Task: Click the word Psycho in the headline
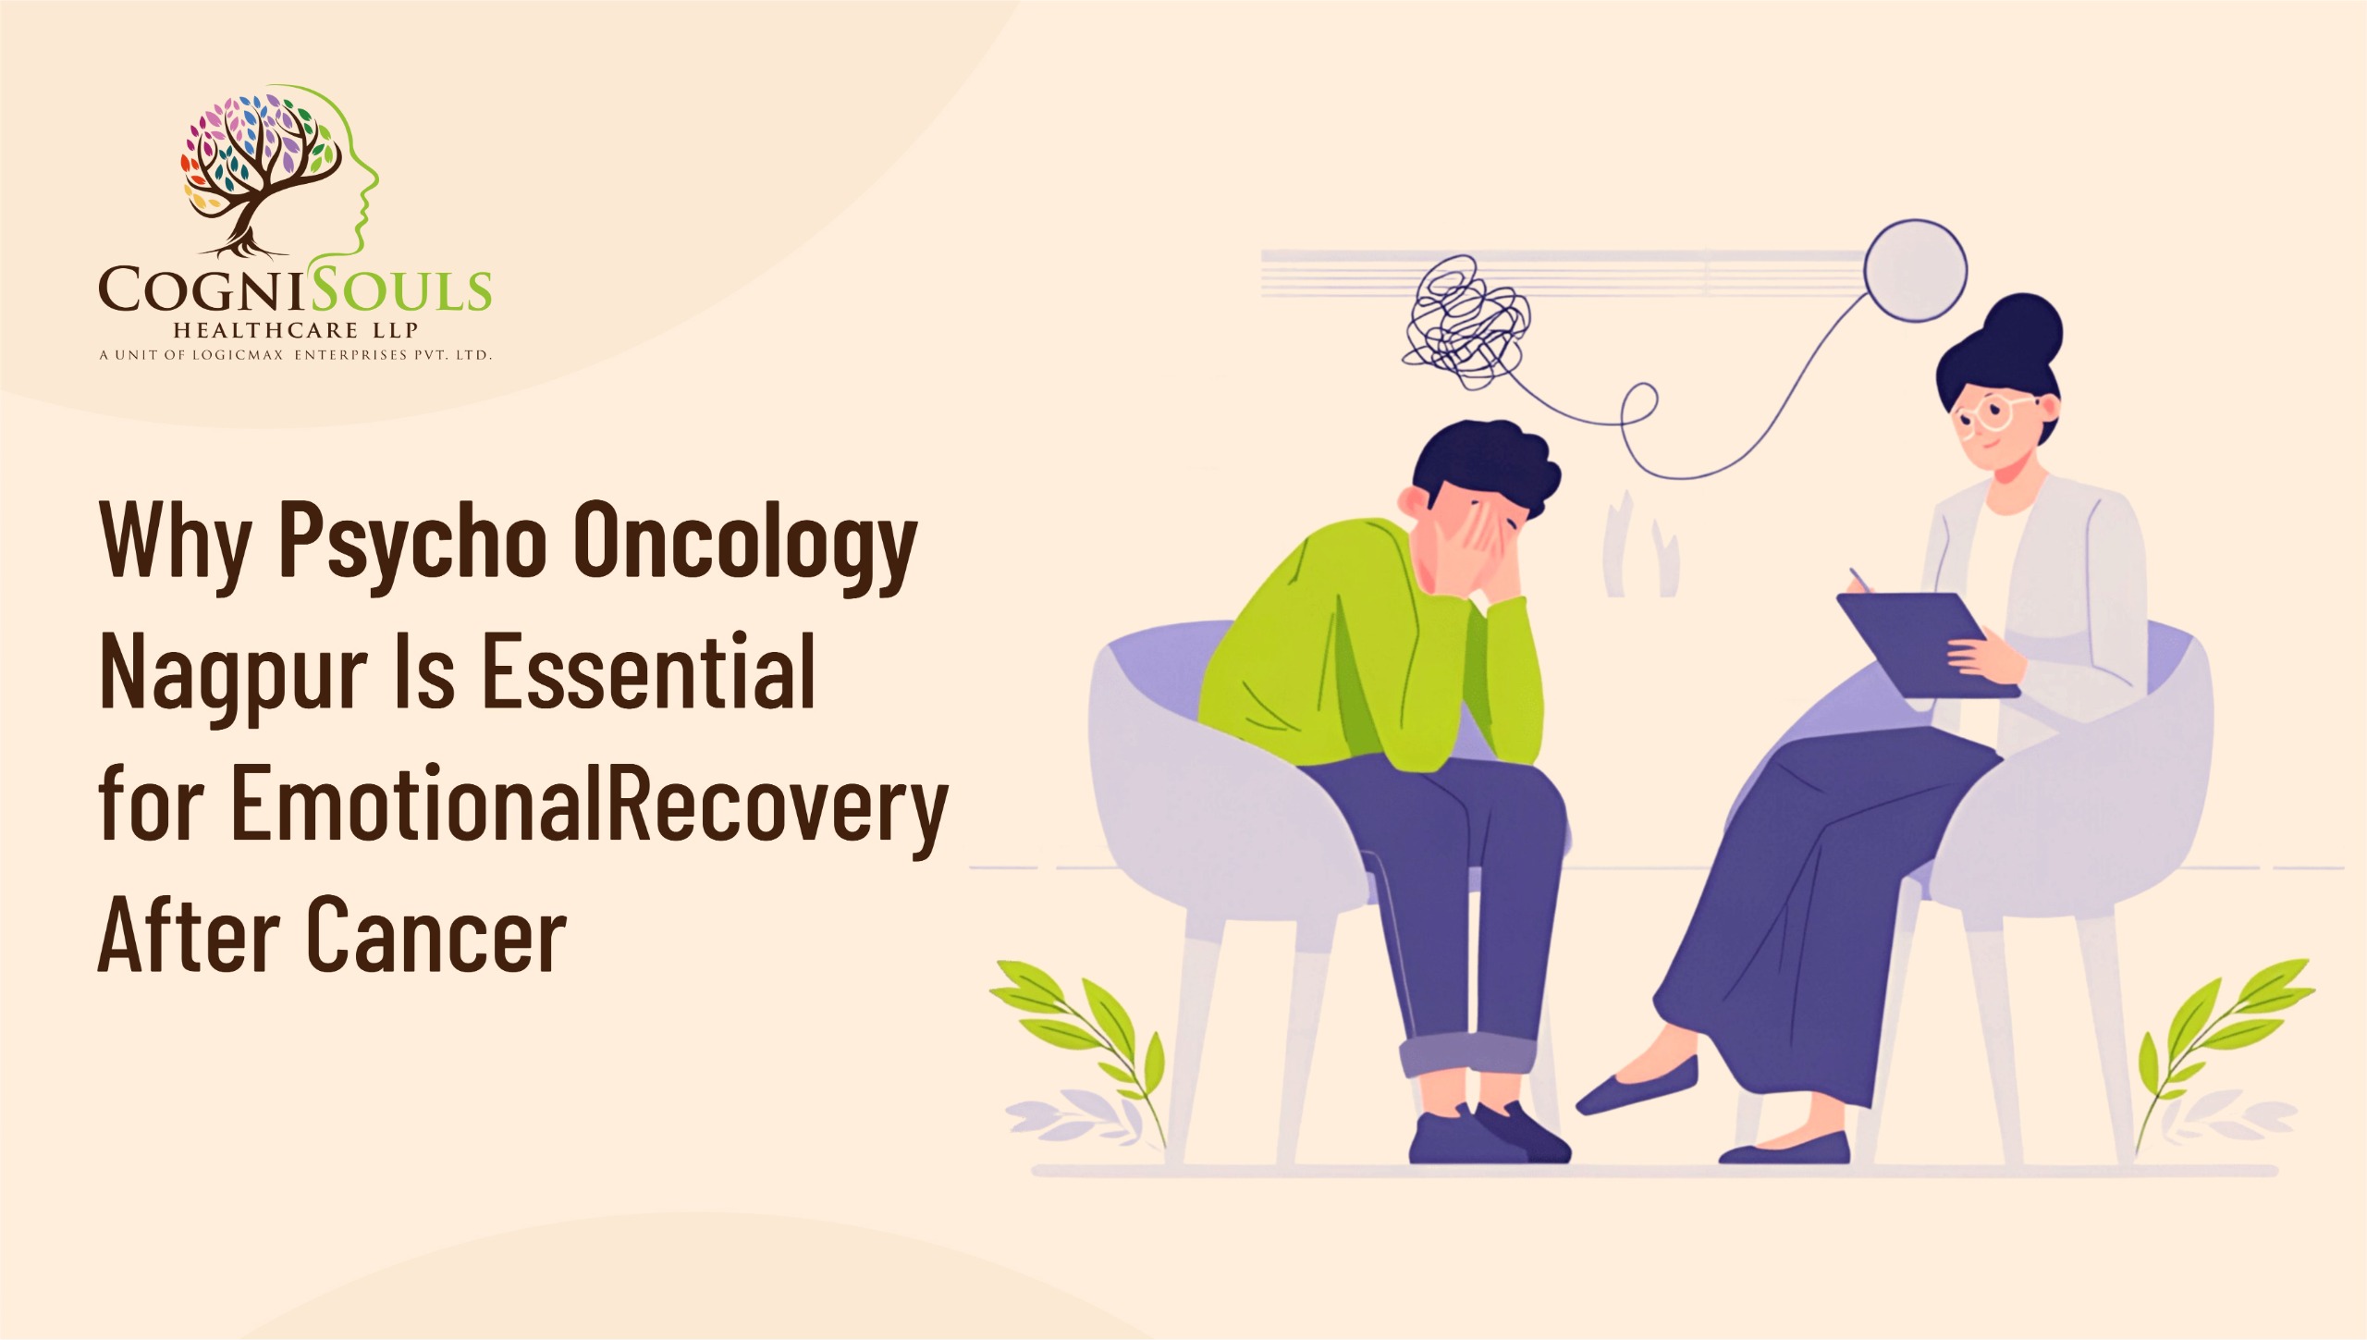(x=413, y=541)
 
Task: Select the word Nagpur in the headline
(x=233, y=673)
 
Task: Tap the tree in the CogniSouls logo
(x=254, y=171)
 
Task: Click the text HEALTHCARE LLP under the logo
(x=296, y=330)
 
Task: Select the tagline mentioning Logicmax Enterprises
(x=296, y=355)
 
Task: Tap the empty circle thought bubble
(x=1914, y=270)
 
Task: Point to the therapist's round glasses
(x=1988, y=413)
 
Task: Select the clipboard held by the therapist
(x=1923, y=643)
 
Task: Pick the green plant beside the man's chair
(x=1091, y=1036)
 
